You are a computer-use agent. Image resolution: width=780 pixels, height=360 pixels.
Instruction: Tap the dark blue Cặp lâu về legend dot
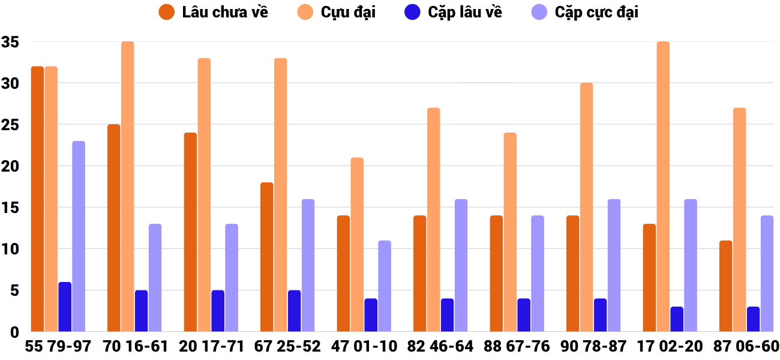click(413, 12)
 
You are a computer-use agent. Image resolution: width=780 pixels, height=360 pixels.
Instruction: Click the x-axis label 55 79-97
click(58, 347)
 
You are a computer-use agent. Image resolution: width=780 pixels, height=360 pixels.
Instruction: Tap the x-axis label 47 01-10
click(364, 347)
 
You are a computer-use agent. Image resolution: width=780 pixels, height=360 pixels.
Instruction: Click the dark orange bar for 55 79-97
click(37, 199)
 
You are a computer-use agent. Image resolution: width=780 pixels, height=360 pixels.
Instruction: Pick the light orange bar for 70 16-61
click(127, 187)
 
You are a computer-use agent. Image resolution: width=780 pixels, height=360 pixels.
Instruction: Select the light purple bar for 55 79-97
click(79, 236)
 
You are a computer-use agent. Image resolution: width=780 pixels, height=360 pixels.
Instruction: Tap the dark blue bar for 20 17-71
click(218, 311)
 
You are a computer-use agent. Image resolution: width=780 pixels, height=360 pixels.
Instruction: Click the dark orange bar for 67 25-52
click(266, 257)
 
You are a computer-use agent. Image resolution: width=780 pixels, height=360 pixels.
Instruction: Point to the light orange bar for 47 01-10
click(357, 244)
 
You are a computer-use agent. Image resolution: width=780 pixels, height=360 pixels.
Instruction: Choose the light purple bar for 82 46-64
click(461, 265)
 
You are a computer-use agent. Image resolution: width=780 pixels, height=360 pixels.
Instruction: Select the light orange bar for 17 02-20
click(663, 187)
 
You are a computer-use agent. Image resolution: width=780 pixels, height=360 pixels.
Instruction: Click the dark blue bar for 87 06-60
click(753, 319)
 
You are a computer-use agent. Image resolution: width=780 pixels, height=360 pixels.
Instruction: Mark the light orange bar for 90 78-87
click(586, 207)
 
